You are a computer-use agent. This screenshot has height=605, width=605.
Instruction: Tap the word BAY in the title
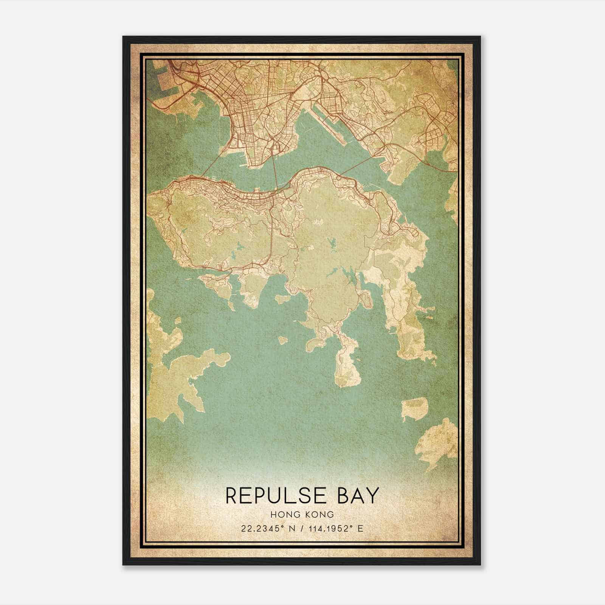[x=356, y=496]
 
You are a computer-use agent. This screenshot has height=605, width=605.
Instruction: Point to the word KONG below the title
[x=321, y=514]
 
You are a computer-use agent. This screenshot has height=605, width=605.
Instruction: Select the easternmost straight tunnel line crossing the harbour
[x=357, y=165]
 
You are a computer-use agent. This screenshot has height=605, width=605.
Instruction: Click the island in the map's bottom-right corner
[x=439, y=442]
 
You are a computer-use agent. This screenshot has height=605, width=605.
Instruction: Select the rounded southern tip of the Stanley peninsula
[x=346, y=374]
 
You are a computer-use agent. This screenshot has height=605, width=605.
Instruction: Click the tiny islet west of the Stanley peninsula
[x=282, y=340]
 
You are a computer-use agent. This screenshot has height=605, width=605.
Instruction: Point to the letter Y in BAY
[x=371, y=496]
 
